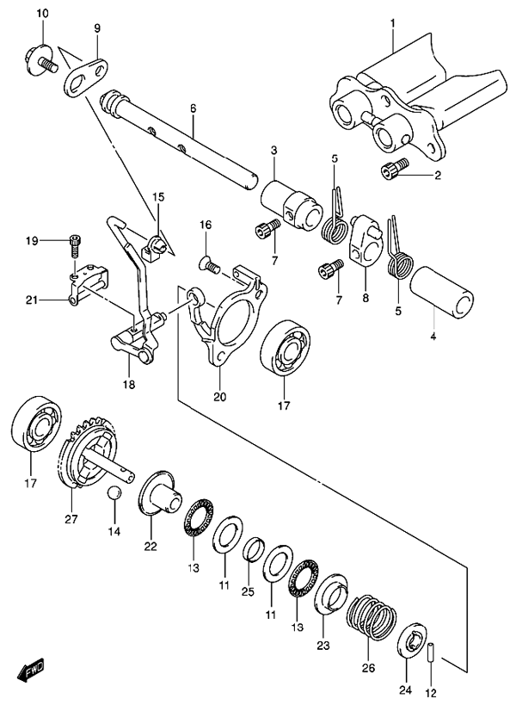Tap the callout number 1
pyautogui.click(x=392, y=22)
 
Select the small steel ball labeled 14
pyautogui.click(x=114, y=492)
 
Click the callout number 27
pyautogui.click(x=71, y=519)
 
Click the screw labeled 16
pyautogui.click(x=209, y=264)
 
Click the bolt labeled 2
pyautogui.click(x=395, y=169)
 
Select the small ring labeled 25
pyautogui.click(x=255, y=548)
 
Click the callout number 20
pyautogui.click(x=220, y=397)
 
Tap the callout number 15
pyautogui.click(x=158, y=197)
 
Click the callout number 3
pyautogui.click(x=274, y=150)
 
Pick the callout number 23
pyautogui.click(x=323, y=646)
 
